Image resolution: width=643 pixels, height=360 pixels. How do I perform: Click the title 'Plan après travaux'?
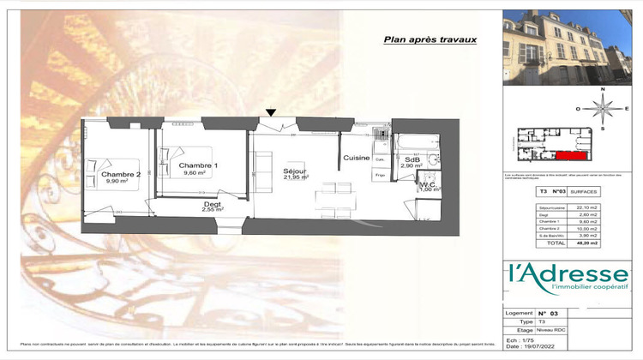pos(430,39)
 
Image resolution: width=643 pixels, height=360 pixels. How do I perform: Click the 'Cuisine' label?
pos(357,159)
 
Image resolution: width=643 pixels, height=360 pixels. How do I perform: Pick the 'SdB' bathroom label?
pos(412,159)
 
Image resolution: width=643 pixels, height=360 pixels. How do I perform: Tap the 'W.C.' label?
pos(428,183)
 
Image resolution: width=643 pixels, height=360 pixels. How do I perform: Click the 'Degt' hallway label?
pos(212,205)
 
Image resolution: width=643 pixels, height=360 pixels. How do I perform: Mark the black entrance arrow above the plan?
pos(272,111)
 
